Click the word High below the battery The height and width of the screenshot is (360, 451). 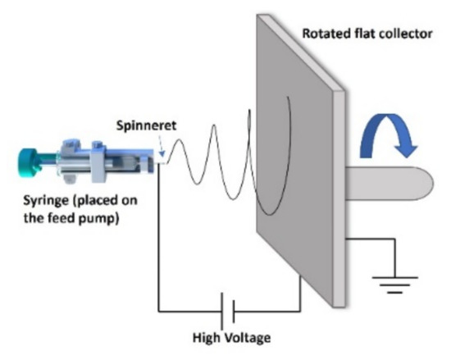[207, 337]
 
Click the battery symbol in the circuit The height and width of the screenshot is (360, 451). [228, 312]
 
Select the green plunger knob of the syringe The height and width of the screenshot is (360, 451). [32, 158]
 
